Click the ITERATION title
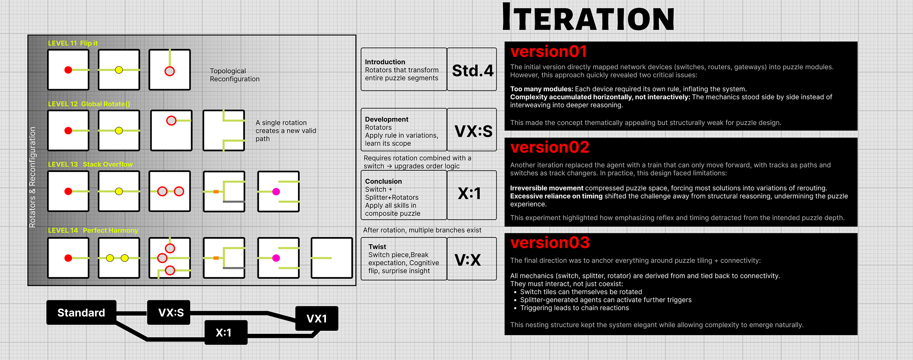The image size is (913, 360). [x=588, y=18]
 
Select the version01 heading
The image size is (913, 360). [x=549, y=52]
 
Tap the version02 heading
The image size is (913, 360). [x=549, y=147]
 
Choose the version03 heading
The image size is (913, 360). [x=549, y=243]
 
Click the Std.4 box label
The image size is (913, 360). [x=472, y=70]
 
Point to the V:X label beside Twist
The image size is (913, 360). [x=467, y=260]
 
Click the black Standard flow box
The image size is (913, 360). [x=81, y=313]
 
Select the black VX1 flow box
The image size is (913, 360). [x=317, y=319]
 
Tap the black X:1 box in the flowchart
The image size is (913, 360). [x=224, y=333]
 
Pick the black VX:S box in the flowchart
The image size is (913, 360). [x=171, y=313]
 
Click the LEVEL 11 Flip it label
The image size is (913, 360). [x=73, y=43]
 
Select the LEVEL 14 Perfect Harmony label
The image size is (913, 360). [x=93, y=230]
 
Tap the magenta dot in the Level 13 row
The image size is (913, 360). [x=276, y=191]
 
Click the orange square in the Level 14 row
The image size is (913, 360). [x=216, y=258]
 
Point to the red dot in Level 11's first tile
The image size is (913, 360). [x=68, y=70]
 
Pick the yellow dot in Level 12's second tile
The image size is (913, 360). [x=119, y=131]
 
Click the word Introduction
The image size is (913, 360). [x=385, y=62]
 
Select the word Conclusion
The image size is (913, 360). [x=383, y=181]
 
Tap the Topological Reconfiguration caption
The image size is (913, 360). [x=235, y=75]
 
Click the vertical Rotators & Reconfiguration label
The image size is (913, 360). [x=33, y=177]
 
